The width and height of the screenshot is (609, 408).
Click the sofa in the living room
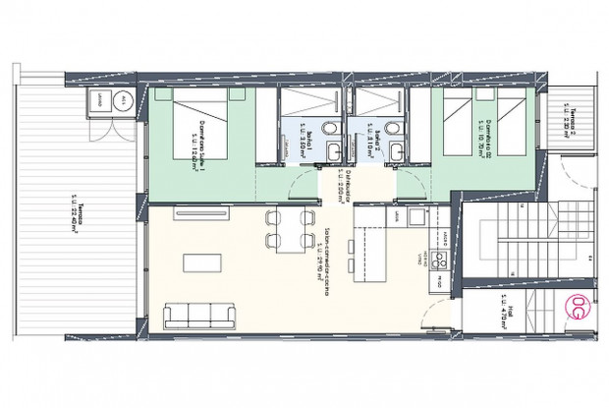coord(198,315)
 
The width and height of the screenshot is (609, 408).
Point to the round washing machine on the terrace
coord(121,100)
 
